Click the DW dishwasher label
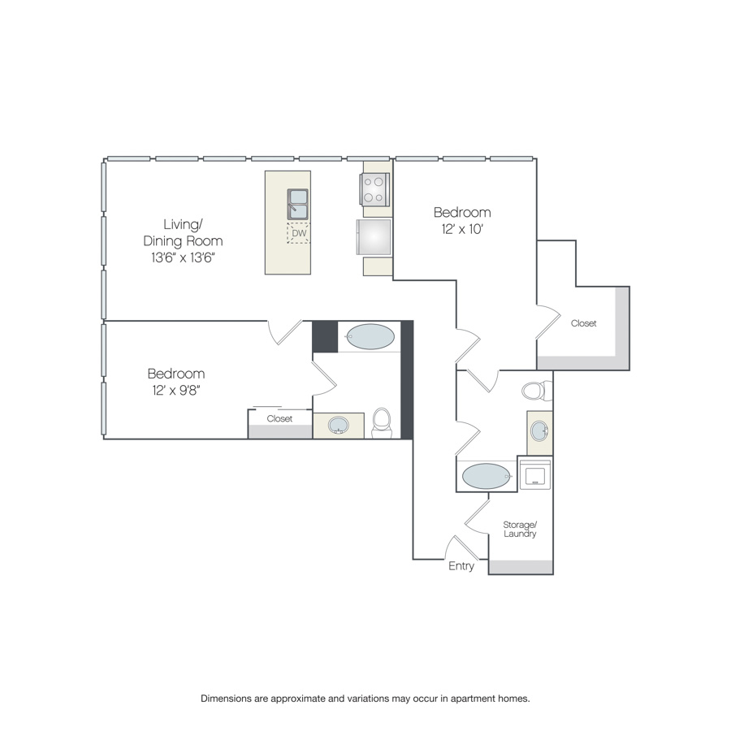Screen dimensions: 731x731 pos(299,233)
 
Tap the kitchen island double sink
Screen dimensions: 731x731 pos(297,204)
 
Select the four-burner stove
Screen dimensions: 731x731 pos(374,189)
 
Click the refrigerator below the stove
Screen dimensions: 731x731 pos(374,237)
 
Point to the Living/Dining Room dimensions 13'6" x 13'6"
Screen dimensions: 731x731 pos(183,257)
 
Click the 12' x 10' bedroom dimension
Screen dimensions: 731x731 pos(462,229)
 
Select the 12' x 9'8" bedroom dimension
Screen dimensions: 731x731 pos(175,390)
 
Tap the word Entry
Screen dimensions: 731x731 pos(461,566)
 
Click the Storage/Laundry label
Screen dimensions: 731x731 pos(520,529)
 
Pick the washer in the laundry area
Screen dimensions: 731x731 pos(535,474)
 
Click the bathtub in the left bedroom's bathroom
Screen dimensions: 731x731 pos(370,336)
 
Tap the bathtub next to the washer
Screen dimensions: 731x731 pos(487,476)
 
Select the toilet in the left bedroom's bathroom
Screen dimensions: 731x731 pos(382,423)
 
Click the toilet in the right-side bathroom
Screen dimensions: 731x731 pos(537,391)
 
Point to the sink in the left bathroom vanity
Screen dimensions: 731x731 pos(339,425)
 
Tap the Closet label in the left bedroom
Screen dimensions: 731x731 pos(279,418)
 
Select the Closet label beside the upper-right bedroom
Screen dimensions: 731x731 pos(584,323)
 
